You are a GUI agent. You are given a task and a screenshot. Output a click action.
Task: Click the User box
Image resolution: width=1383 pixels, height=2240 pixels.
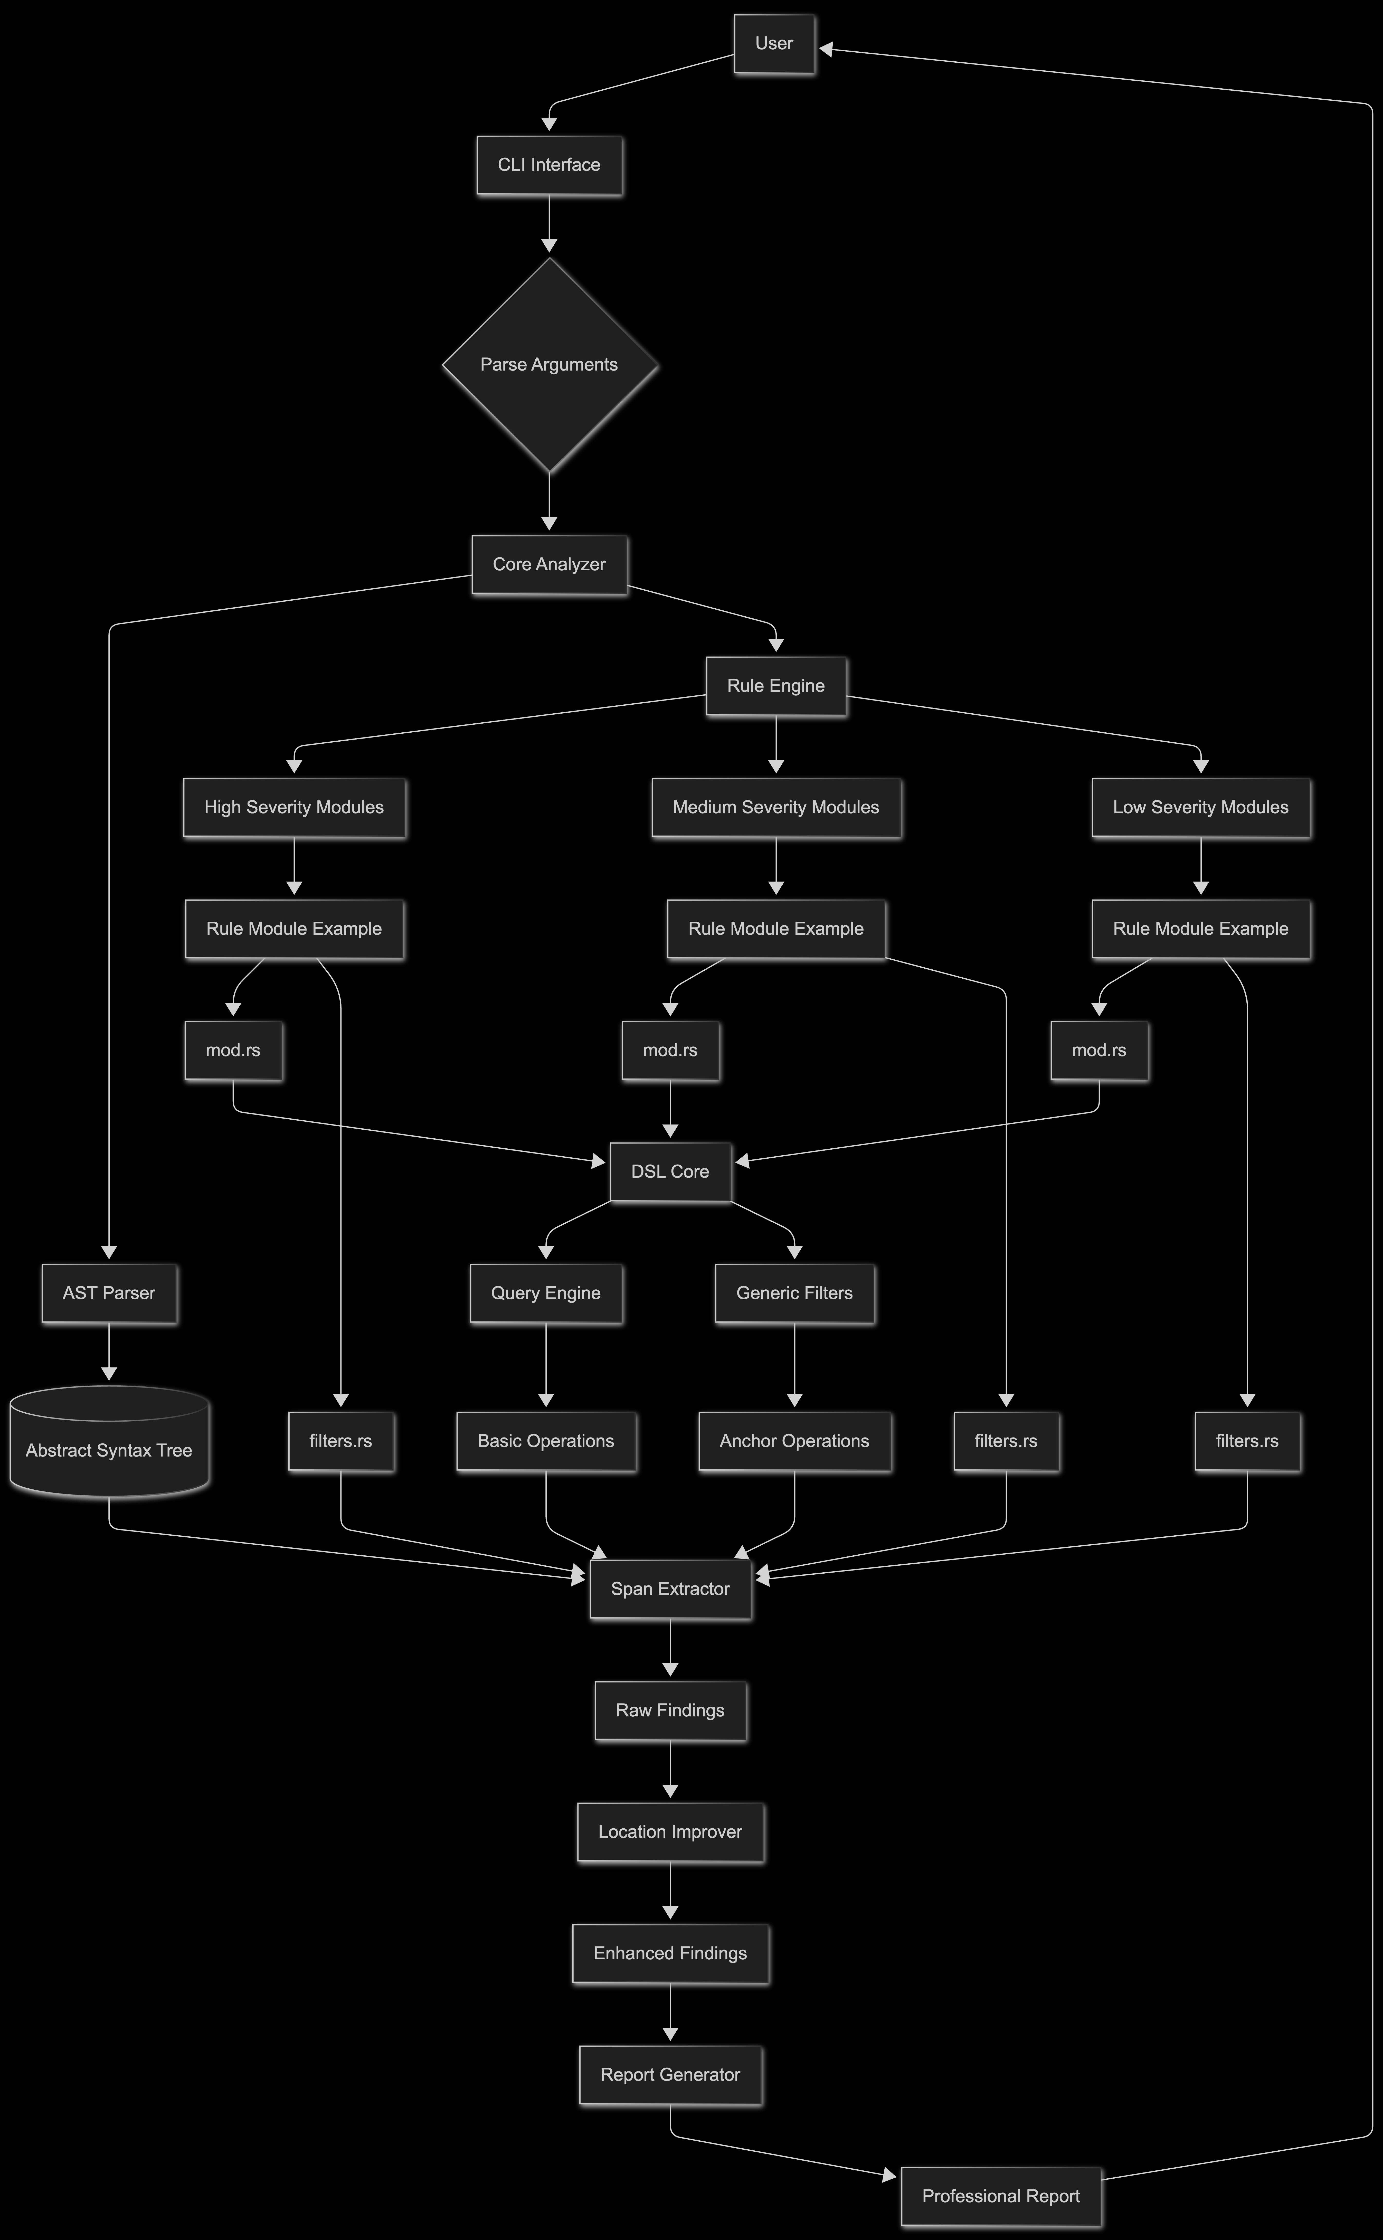pyautogui.click(x=774, y=44)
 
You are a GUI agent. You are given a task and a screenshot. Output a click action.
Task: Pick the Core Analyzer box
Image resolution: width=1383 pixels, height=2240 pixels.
pyautogui.click(x=549, y=564)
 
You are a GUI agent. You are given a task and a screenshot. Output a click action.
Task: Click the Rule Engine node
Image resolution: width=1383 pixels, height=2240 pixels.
pyautogui.click(x=776, y=686)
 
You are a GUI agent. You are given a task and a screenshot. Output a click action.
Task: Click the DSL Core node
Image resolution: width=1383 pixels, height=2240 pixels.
pyautogui.click(x=670, y=1172)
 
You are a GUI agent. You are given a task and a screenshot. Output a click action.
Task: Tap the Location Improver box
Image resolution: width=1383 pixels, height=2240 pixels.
pyautogui.click(x=670, y=1832)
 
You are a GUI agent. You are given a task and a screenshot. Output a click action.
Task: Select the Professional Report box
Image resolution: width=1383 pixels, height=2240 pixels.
pyautogui.click(x=1001, y=2196)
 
